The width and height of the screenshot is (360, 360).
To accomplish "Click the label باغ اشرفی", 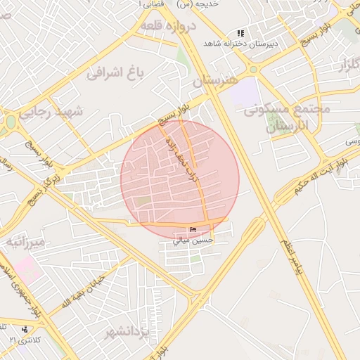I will [115, 72].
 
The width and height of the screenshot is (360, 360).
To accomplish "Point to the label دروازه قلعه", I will [167, 26].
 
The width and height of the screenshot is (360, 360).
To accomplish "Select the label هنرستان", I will [212, 82].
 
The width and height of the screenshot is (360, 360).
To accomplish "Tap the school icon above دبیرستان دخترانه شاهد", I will [240, 33].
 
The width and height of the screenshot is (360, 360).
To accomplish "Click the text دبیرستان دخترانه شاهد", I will [236, 44].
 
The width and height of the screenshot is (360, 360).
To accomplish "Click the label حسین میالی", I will [193, 240].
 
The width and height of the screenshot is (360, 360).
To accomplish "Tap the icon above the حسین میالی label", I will [193, 230].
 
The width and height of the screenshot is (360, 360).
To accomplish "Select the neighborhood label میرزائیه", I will [25, 243].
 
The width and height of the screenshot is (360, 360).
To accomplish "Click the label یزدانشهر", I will [127, 331].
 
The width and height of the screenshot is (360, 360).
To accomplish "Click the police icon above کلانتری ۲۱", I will [25, 329].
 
